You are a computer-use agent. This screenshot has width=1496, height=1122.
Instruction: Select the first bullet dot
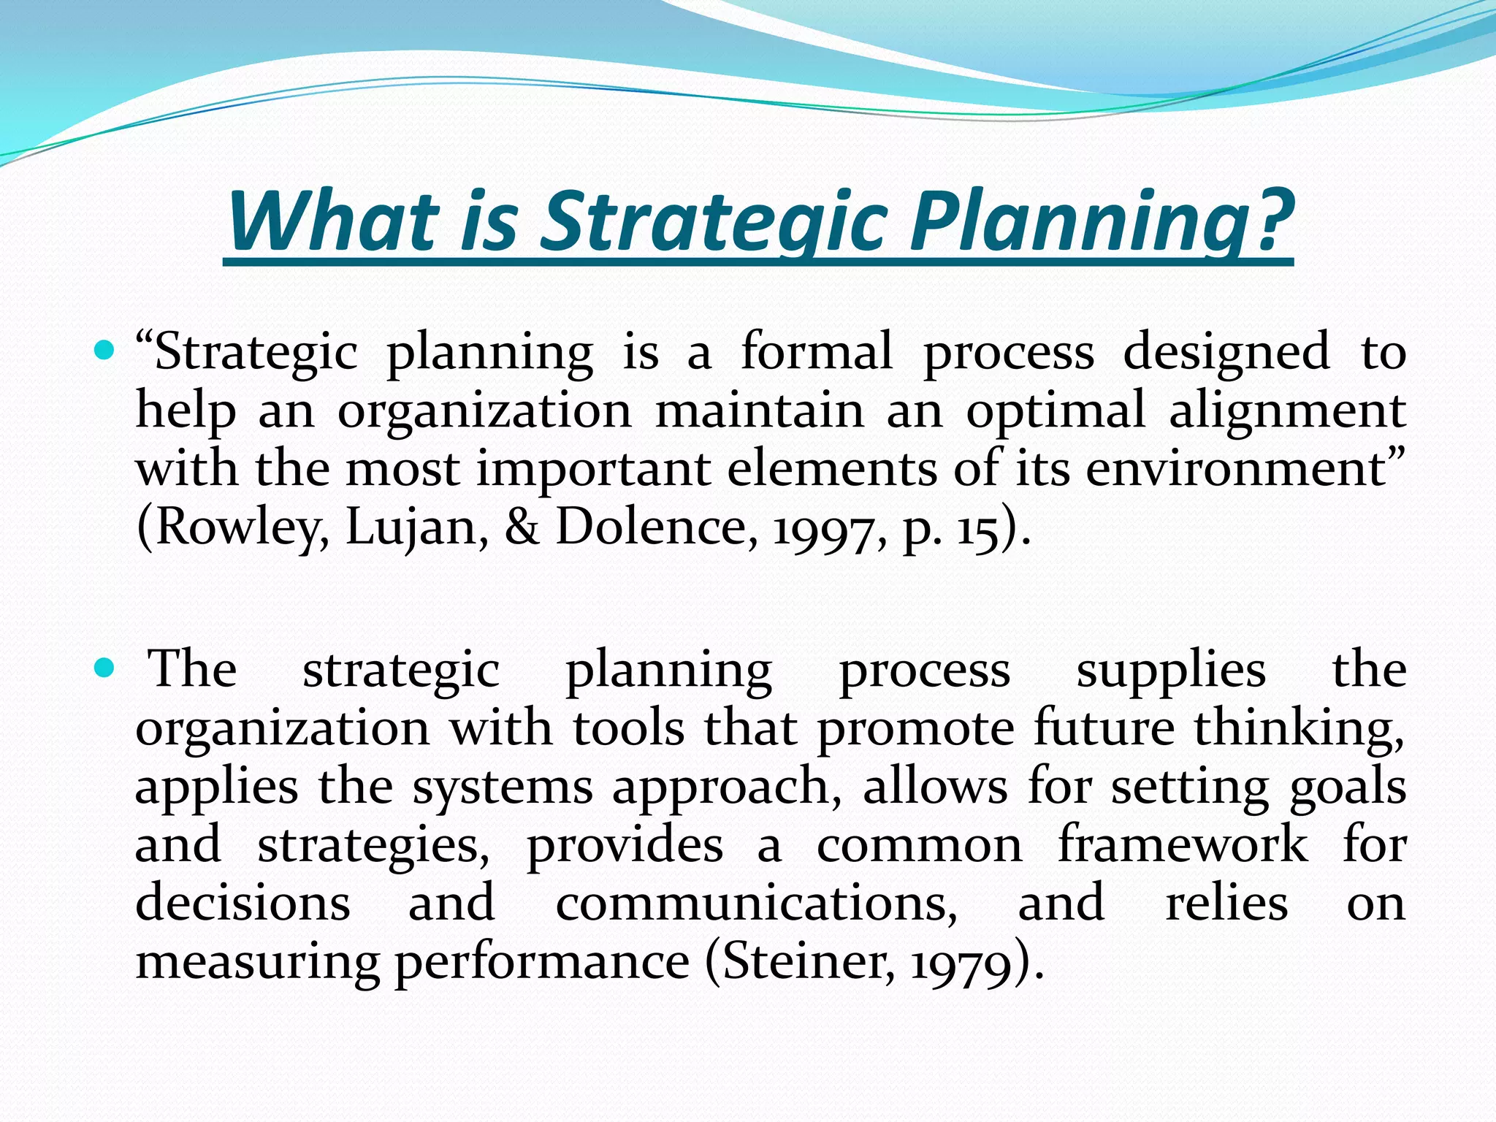(x=105, y=352)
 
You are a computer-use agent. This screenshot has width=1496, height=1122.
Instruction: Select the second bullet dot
(x=105, y=668)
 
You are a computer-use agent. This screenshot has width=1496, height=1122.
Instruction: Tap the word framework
(x=1183, y=844)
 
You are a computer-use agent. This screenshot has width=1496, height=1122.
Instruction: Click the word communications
(x=755, y=903)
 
